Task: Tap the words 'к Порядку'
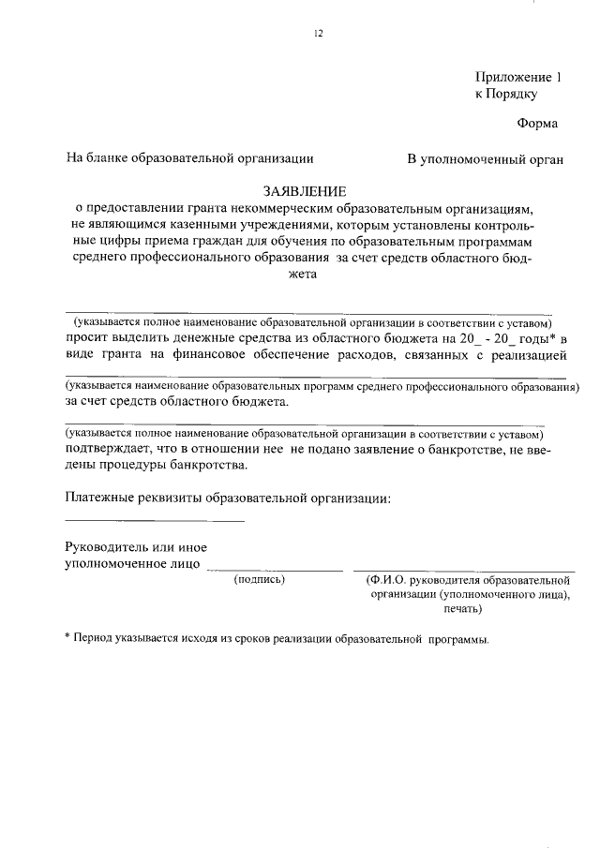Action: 506,95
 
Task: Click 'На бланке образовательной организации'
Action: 189,159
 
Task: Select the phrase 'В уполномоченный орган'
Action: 485,159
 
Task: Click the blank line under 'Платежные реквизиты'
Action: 155,520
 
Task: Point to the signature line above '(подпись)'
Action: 276,570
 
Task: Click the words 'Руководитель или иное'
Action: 136,547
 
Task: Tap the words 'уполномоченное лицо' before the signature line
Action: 132,564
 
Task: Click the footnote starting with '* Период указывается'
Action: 277,639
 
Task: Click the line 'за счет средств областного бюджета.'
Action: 177,403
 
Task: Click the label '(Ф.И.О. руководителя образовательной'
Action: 470,580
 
